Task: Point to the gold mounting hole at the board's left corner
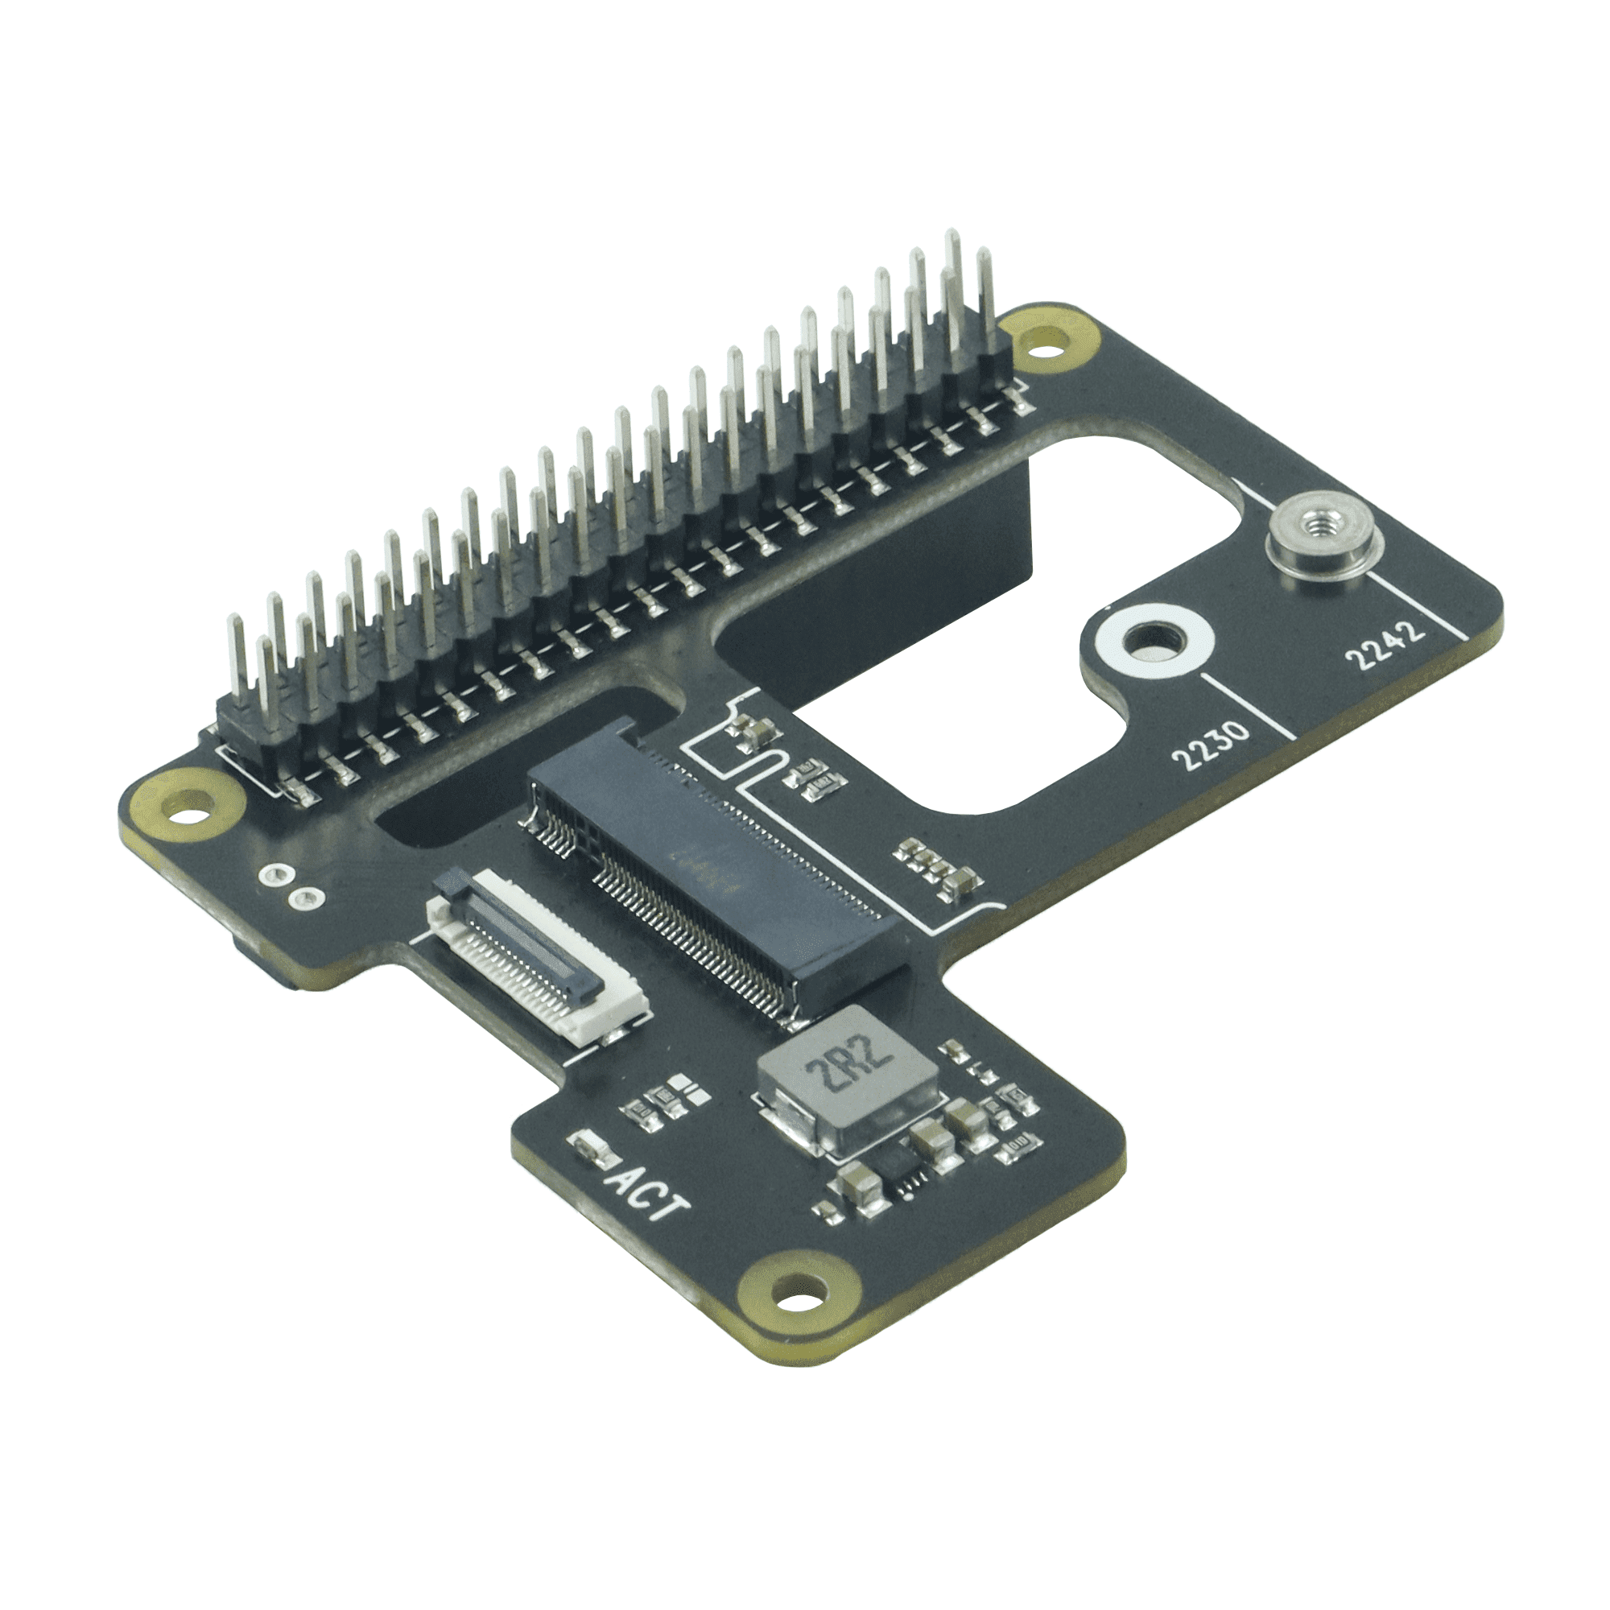183,805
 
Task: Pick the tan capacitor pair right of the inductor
942,1130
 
